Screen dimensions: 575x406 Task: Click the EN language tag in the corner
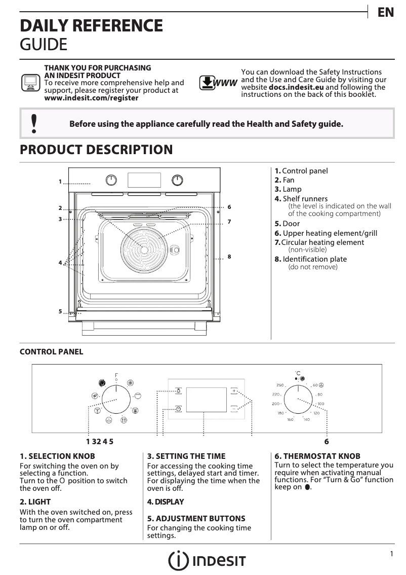coord(386,13)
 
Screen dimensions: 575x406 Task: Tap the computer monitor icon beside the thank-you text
coord(30,82)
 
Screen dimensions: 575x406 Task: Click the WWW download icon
coord(218,83)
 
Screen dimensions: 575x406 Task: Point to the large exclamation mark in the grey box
coord(34,123)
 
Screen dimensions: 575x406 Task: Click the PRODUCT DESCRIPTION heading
coord(96,150)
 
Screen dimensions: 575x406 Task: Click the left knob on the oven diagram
coord(111,180)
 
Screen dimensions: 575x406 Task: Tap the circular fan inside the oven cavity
coord(144,249)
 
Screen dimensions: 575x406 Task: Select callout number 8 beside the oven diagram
coord(229,257)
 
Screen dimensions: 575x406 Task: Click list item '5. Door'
coord(287,224)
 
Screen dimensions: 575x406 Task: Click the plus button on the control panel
coord(234,391)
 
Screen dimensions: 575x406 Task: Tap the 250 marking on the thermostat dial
coord(279,386)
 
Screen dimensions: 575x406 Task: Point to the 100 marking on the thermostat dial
coord(321,404)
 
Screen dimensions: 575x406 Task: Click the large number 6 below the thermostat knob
coord(327,441)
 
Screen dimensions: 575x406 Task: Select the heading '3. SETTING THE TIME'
coord(186,456)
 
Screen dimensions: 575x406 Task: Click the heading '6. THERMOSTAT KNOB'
coord(317,456)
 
